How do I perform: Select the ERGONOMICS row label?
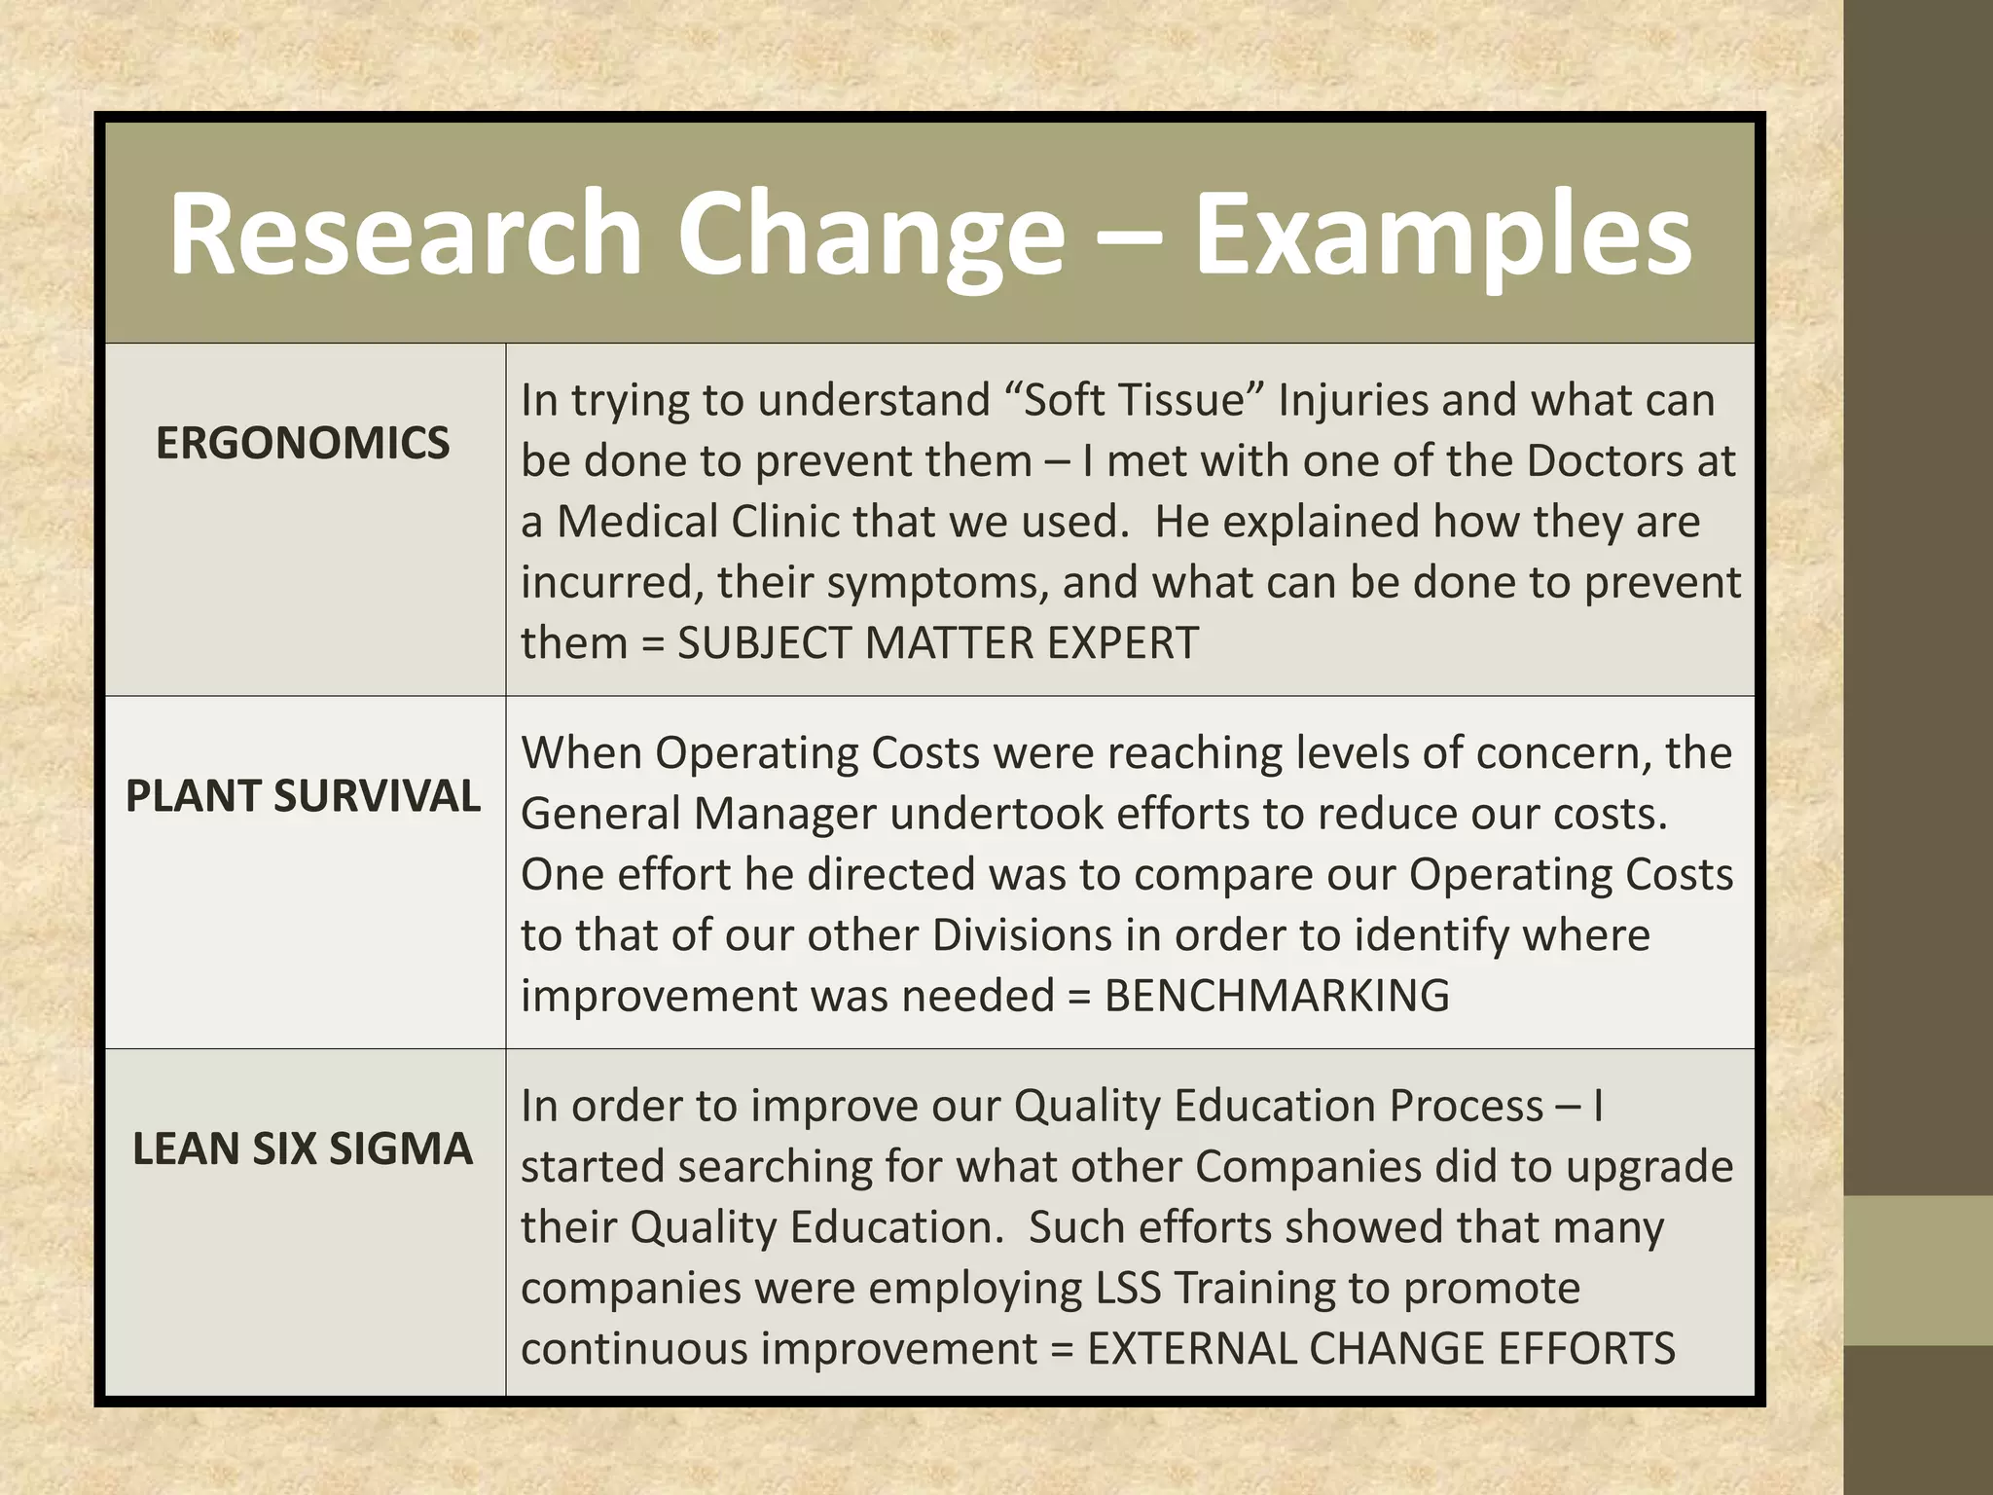tap(303, 444)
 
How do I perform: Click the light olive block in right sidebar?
tap(1918, 1270)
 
